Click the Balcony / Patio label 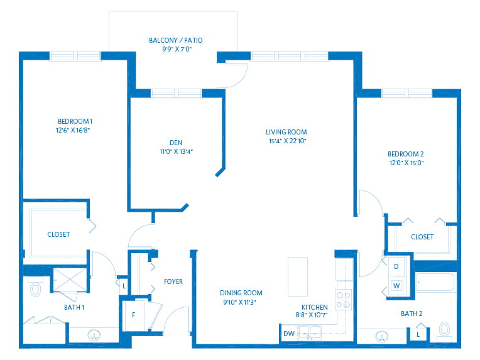[175, 40]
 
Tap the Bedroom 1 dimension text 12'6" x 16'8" [72, 130]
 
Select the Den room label [176, 143]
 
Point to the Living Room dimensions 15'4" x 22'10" [288, 141]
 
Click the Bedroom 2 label [406, 154]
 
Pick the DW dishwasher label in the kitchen [288, 334]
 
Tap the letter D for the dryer [396, 266]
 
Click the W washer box [396, 286]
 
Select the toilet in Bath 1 [36, 287]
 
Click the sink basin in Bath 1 [94, 335]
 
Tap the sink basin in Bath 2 [381, 336]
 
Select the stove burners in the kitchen [344, 300]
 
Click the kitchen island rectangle [298, 276]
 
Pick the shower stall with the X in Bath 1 [70, 280]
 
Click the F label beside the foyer [133, 315]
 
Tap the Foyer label [173, 281]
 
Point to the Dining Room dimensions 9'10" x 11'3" [240, 302]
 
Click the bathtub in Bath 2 [435, 282]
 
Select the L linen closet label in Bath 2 [418, 335]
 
